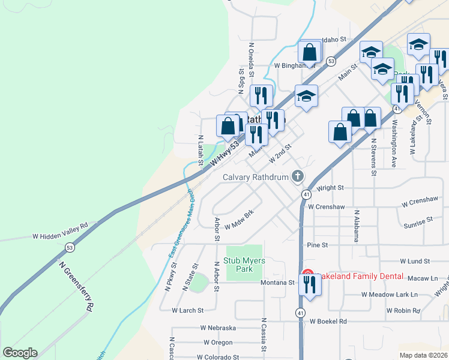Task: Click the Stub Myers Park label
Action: (244, 265)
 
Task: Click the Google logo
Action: (19, 353)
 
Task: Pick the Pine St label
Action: (317, 245)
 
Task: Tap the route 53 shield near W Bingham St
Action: (331, 61)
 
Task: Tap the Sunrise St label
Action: (418, 222)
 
